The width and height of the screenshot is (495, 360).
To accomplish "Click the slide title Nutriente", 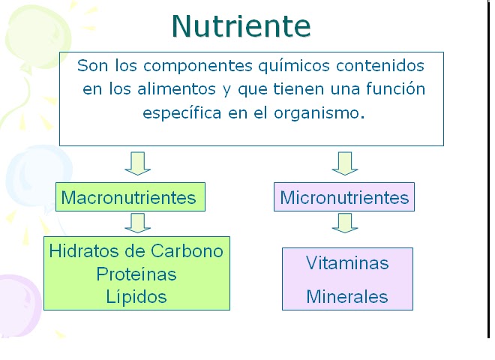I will (x=241, y=25).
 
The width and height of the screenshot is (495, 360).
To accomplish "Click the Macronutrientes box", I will (x=128, y=198).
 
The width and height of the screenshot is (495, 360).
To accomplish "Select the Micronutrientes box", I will (x=344, y=198).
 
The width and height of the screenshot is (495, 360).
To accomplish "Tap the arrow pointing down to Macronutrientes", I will (x=138, y=162).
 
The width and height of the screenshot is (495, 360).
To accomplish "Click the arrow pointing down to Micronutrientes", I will (x=345, y=162).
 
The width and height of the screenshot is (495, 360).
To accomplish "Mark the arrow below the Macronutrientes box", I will (x=138, y=222).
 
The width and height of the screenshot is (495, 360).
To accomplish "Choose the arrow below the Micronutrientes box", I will (x=345, y=222).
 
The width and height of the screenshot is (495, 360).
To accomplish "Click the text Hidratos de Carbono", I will (x=136, y=250).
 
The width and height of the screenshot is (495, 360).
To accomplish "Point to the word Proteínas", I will (x=136, y=274).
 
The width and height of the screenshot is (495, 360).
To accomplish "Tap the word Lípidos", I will (x=136, y=296).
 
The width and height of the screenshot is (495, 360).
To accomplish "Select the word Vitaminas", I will (x=347, y=263).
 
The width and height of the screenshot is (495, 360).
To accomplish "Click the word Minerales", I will (x=347, y=296).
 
